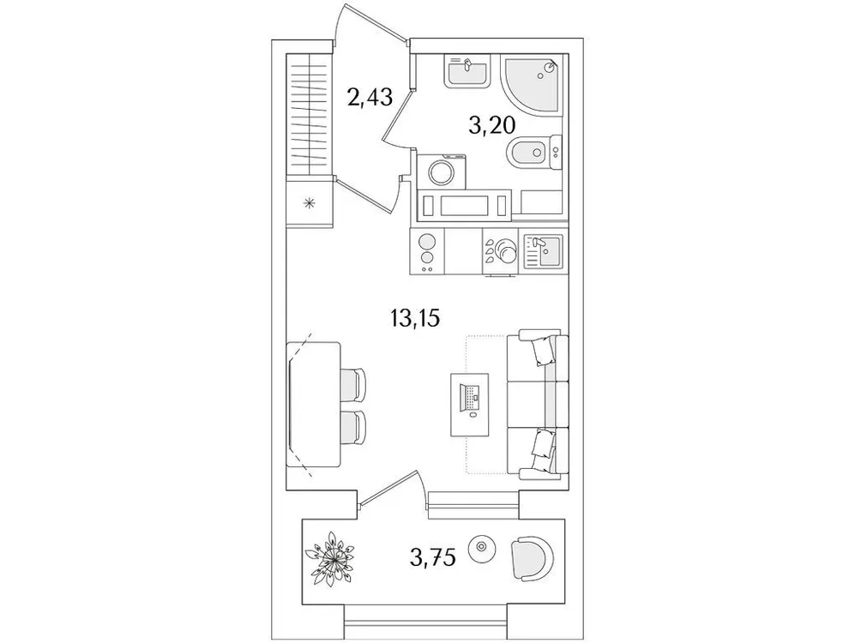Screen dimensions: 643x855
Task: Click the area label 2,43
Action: [x=370, y=96]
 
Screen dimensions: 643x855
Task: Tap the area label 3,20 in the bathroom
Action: [x=491, y=127]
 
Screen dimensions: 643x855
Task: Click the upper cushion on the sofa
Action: [x=543, y=350]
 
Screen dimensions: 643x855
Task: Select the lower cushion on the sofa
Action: [x=542, y=447]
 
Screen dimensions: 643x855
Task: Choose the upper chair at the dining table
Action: [x=353, y=383]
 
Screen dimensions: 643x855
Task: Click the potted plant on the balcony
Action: [x=333, y=559]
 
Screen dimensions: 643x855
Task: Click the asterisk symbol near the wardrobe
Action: [x=309, y=202]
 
